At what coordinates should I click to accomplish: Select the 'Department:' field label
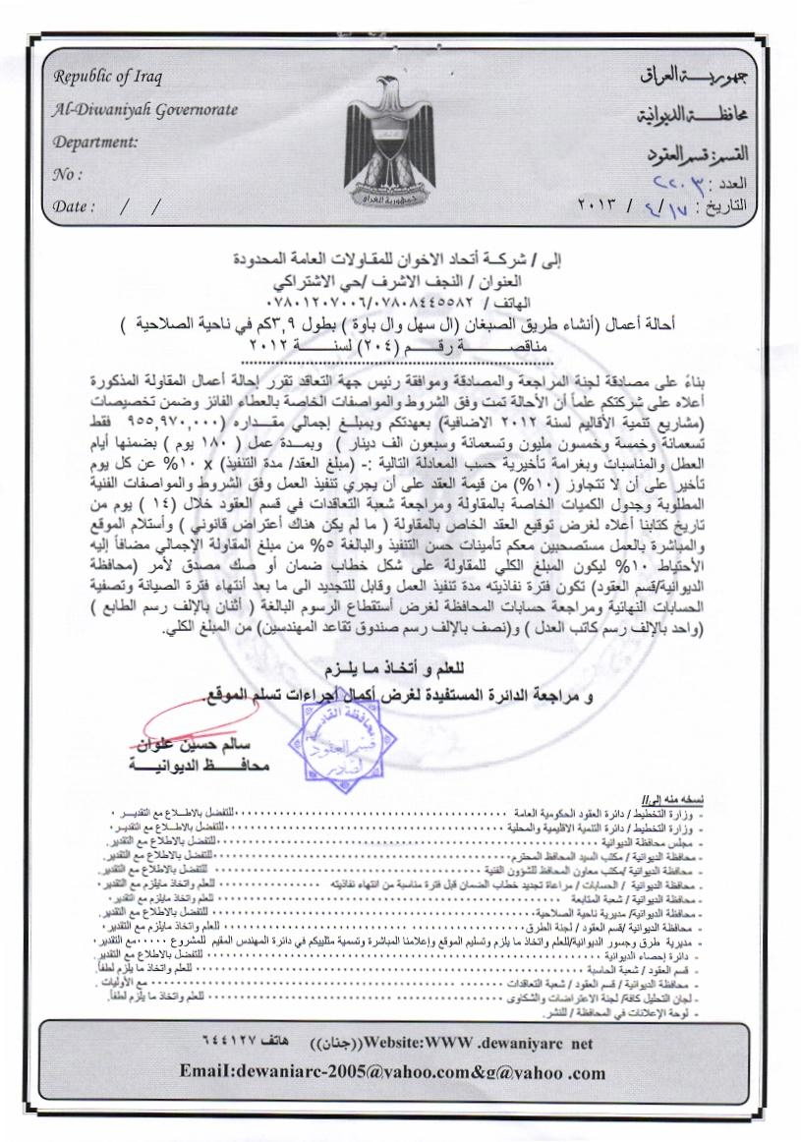pos(95,142)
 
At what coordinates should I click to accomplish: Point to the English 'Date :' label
pos(75,206)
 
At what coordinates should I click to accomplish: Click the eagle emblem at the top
pos(398,143)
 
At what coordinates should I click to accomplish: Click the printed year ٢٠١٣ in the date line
pos(606,206)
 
